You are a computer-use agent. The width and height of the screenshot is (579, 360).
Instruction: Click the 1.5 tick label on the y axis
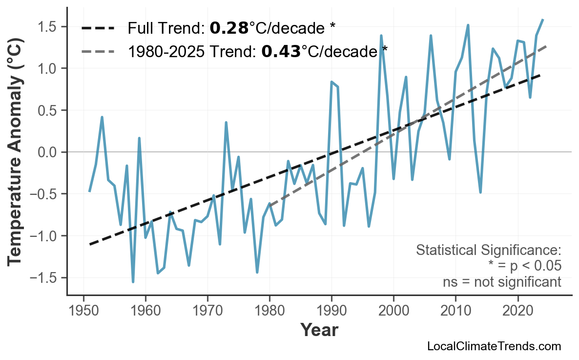48,26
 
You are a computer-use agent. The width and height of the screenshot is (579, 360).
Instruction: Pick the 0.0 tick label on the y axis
48,152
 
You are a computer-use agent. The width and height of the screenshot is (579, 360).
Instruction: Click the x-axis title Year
319,330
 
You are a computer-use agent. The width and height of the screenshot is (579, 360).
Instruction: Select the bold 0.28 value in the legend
229,28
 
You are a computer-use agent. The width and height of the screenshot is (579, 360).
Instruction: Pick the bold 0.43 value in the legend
281,51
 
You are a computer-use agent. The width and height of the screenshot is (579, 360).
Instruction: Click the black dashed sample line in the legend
98,28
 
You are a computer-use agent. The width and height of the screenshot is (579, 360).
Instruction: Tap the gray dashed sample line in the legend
98,51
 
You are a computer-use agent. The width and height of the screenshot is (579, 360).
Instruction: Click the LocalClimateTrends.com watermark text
494,346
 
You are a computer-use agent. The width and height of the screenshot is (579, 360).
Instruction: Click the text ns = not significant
502,282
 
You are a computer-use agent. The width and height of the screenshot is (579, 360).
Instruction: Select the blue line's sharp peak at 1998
381,36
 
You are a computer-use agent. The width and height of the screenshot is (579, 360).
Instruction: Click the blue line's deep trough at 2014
480,192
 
